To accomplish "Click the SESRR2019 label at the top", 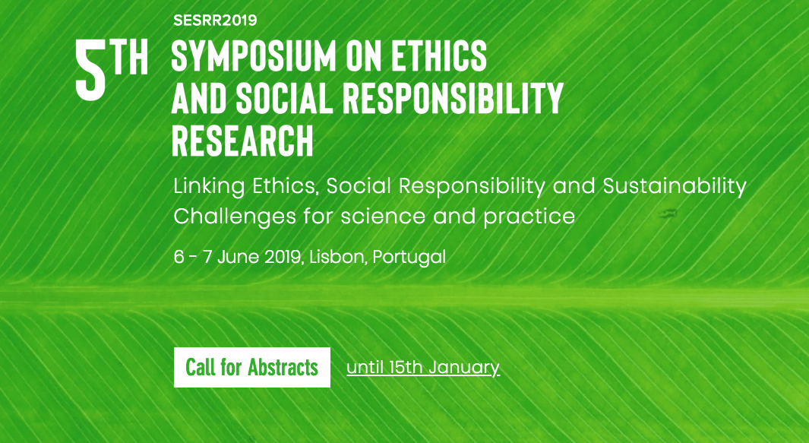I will [215, 20].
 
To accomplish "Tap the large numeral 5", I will [90, 70].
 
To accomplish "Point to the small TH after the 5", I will [131, 59].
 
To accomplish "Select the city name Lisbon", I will [337, 257].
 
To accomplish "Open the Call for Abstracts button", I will [251, 368].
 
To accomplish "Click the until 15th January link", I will [423, 368].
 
